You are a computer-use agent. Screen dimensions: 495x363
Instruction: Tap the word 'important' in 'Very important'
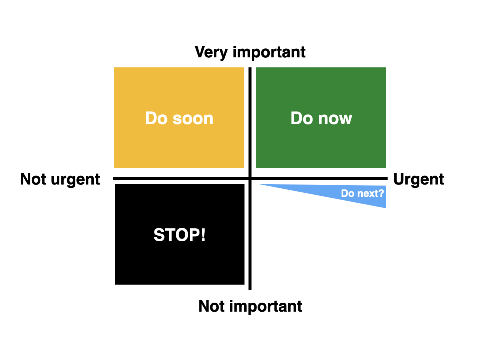(x=269, y=52)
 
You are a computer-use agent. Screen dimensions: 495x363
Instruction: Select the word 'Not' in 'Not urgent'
(x=33, y=179)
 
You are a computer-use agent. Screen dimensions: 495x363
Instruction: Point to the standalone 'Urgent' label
(x=418, y=179)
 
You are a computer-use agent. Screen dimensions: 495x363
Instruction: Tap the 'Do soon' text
(x=179, y=118)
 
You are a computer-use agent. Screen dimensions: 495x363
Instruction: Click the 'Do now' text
(x=321, y=118)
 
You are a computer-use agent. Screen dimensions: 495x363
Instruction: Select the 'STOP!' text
(x=179, y=235)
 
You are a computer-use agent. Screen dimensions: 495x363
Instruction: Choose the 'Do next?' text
(x=362, y=193)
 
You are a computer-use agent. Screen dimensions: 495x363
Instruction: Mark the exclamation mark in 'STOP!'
(x=203, y=235)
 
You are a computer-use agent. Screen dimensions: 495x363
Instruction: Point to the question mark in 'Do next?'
(x=381, y=193)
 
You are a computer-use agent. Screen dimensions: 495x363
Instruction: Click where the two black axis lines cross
(x=250, y=179)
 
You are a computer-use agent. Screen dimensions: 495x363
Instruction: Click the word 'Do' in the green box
(x=302, y=118)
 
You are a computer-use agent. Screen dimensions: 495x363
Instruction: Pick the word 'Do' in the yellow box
(x=156, y=118)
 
